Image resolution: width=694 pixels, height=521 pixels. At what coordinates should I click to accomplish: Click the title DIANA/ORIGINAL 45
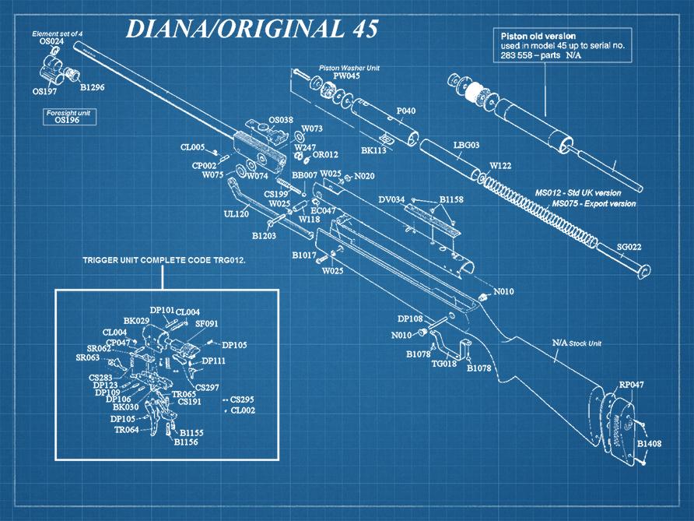point(251,29)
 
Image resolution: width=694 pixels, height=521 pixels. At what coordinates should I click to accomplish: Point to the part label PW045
point(347,76)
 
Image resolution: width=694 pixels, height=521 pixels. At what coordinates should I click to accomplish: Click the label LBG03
point(466,145)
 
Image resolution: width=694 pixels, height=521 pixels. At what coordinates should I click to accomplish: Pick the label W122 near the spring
point(500,165)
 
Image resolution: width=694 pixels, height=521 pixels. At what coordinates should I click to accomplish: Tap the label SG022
point(629,247)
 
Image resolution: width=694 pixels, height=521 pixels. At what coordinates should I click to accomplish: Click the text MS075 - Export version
point(594,203)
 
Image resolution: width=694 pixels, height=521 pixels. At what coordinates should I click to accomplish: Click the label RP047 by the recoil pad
point(632,385)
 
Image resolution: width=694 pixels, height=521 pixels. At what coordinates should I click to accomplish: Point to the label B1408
point(649,444)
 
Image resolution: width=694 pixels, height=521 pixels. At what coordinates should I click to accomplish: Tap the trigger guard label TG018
point(444,363)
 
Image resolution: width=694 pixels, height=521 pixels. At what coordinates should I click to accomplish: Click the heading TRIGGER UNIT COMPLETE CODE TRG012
point(164,259)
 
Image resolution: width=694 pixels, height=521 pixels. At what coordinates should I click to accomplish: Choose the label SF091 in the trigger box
point(206,323)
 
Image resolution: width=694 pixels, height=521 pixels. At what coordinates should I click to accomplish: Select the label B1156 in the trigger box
point(187,442)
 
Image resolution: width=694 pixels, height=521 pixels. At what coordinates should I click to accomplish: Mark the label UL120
point(236,213)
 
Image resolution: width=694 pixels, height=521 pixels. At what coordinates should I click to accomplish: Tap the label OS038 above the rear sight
point(280,120)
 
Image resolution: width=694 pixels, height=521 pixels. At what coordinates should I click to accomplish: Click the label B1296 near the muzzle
point(92,87)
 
